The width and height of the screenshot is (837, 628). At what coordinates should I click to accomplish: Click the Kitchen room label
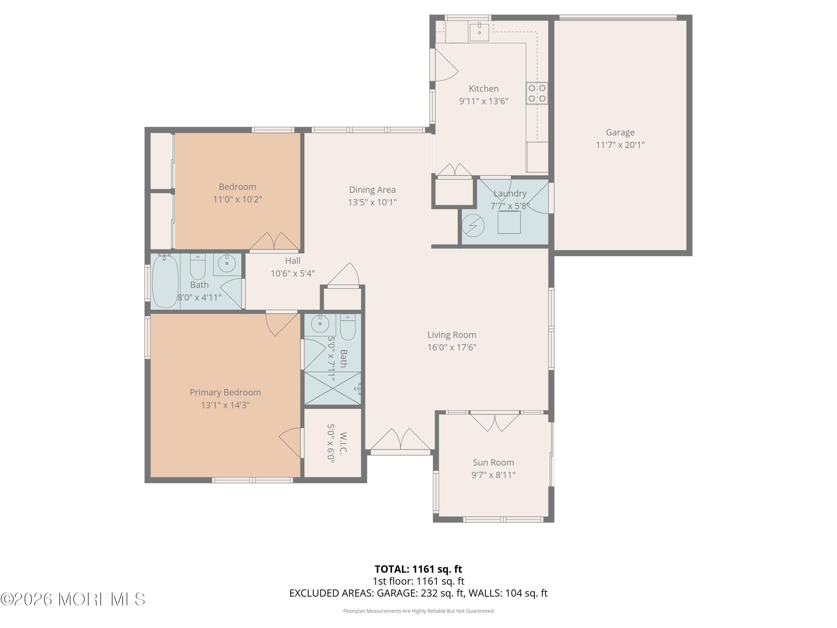pyautogui.click(x=484, y=88)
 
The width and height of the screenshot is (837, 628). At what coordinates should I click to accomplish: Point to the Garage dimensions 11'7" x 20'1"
pyautogui.click(x=620, y=145)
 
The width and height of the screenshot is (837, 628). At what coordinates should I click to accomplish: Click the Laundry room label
pyautogui.click(x=510, y=193)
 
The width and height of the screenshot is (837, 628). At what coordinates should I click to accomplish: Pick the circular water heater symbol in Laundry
pyautogui.click(x=473, y=226)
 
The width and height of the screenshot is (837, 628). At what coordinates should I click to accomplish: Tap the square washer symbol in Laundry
pyautogui.click(x=509, y=222)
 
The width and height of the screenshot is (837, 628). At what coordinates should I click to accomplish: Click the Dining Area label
pyautogui.click(x=372, y=190)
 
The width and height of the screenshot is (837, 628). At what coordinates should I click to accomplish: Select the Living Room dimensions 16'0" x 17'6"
pyautogui.click(x=452, y=347)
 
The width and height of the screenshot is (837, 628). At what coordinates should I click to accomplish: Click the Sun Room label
pyautogui.click(x=494, y=462)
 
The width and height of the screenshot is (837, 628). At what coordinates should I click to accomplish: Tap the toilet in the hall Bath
pyautogui.click(x=198, y=267)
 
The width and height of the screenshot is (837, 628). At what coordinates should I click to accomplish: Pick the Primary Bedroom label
pyautogui.click(x=225, y=392)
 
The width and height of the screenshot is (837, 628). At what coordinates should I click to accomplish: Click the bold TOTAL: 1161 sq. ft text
pyautogui.click(x=418, y=569)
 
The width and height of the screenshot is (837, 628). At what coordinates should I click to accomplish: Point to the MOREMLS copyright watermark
pyautogui.click(x=73, y=599)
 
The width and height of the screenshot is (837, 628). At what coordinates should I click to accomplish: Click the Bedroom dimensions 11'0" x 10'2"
pyautogui.click(x=238, y=200)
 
